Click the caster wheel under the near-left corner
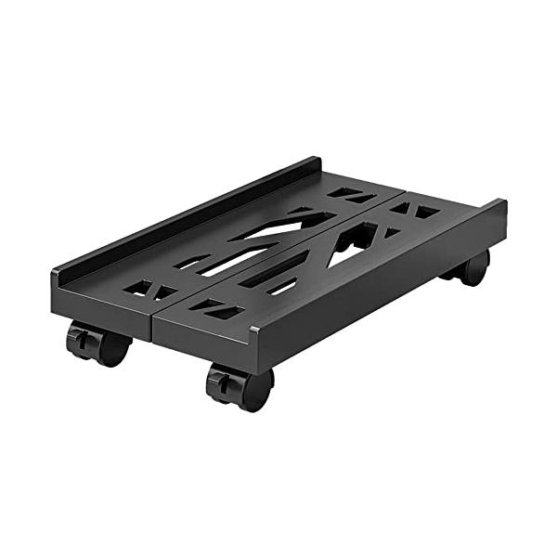(x=99, y=343)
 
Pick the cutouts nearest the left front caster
(x=149, y=289)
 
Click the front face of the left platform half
(x=102, y=305)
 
